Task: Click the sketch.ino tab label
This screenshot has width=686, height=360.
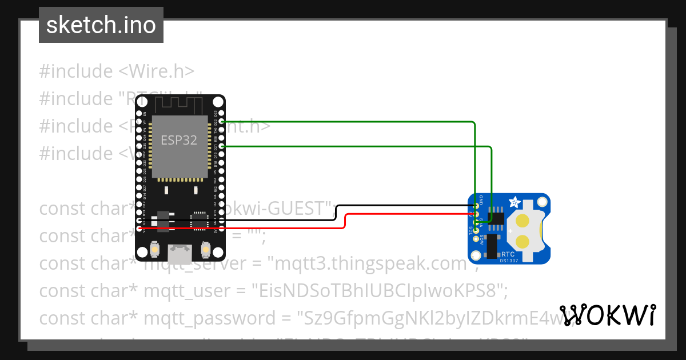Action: point(101,25)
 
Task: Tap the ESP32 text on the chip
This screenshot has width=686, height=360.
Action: point(179,140)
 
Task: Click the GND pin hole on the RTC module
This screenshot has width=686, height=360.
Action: point(476,206)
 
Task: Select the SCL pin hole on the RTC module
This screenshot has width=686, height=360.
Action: point(476,230)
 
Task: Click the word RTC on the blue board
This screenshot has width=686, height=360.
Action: point(509,254)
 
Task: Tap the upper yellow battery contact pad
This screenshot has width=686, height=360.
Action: point(522,221)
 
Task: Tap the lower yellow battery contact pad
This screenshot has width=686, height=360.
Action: point(522,241)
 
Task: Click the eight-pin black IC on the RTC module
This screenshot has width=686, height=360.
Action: point(496,219)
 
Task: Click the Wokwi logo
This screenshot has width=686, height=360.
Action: point(608,315)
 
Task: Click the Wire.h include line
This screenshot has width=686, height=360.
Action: point(117,71)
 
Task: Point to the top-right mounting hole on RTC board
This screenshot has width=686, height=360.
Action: point(542,202)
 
